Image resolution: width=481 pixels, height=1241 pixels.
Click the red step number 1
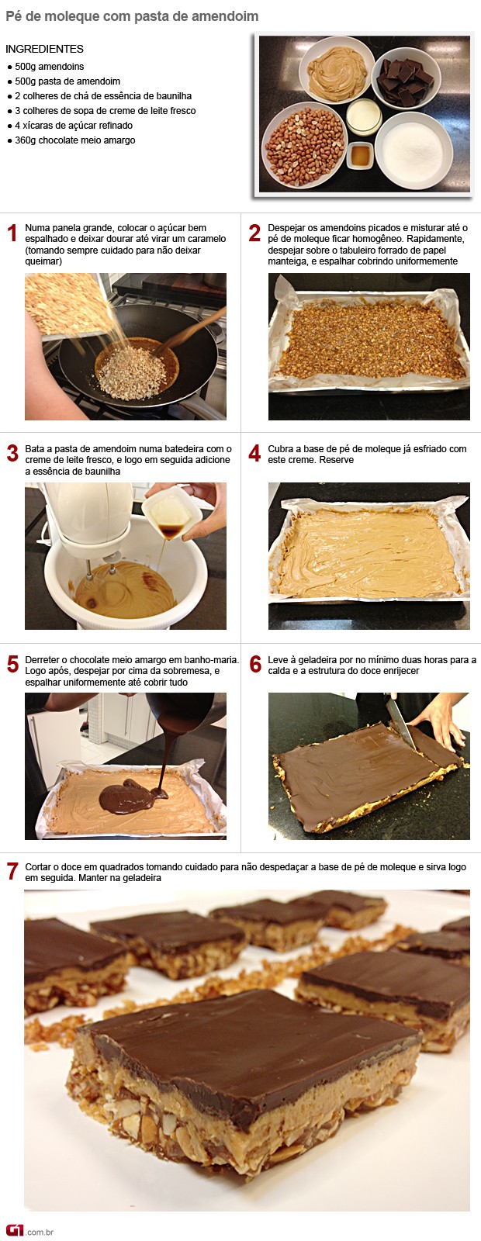coord(12,233)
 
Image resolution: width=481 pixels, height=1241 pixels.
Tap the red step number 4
coord(254,455)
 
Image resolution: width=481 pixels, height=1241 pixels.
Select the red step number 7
coord(12,872)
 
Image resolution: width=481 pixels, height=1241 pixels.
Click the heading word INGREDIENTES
coord(44,49)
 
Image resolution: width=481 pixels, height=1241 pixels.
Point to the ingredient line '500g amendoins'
coord(50,67)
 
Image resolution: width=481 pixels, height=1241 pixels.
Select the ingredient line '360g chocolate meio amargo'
coord(74,140)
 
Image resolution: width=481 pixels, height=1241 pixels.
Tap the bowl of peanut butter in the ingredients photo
coord(337,70)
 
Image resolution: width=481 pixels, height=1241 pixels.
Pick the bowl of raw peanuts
coord(304,144)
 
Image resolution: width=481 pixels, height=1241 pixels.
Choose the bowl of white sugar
coord(414,150)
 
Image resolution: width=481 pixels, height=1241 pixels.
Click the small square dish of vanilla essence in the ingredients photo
coord(360,155)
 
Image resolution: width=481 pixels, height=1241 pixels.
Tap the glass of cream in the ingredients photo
coord(364,117)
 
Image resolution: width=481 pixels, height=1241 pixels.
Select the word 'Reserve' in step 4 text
coord(337,460)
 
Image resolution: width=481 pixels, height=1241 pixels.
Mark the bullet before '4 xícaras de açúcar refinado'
coord(10,126)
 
